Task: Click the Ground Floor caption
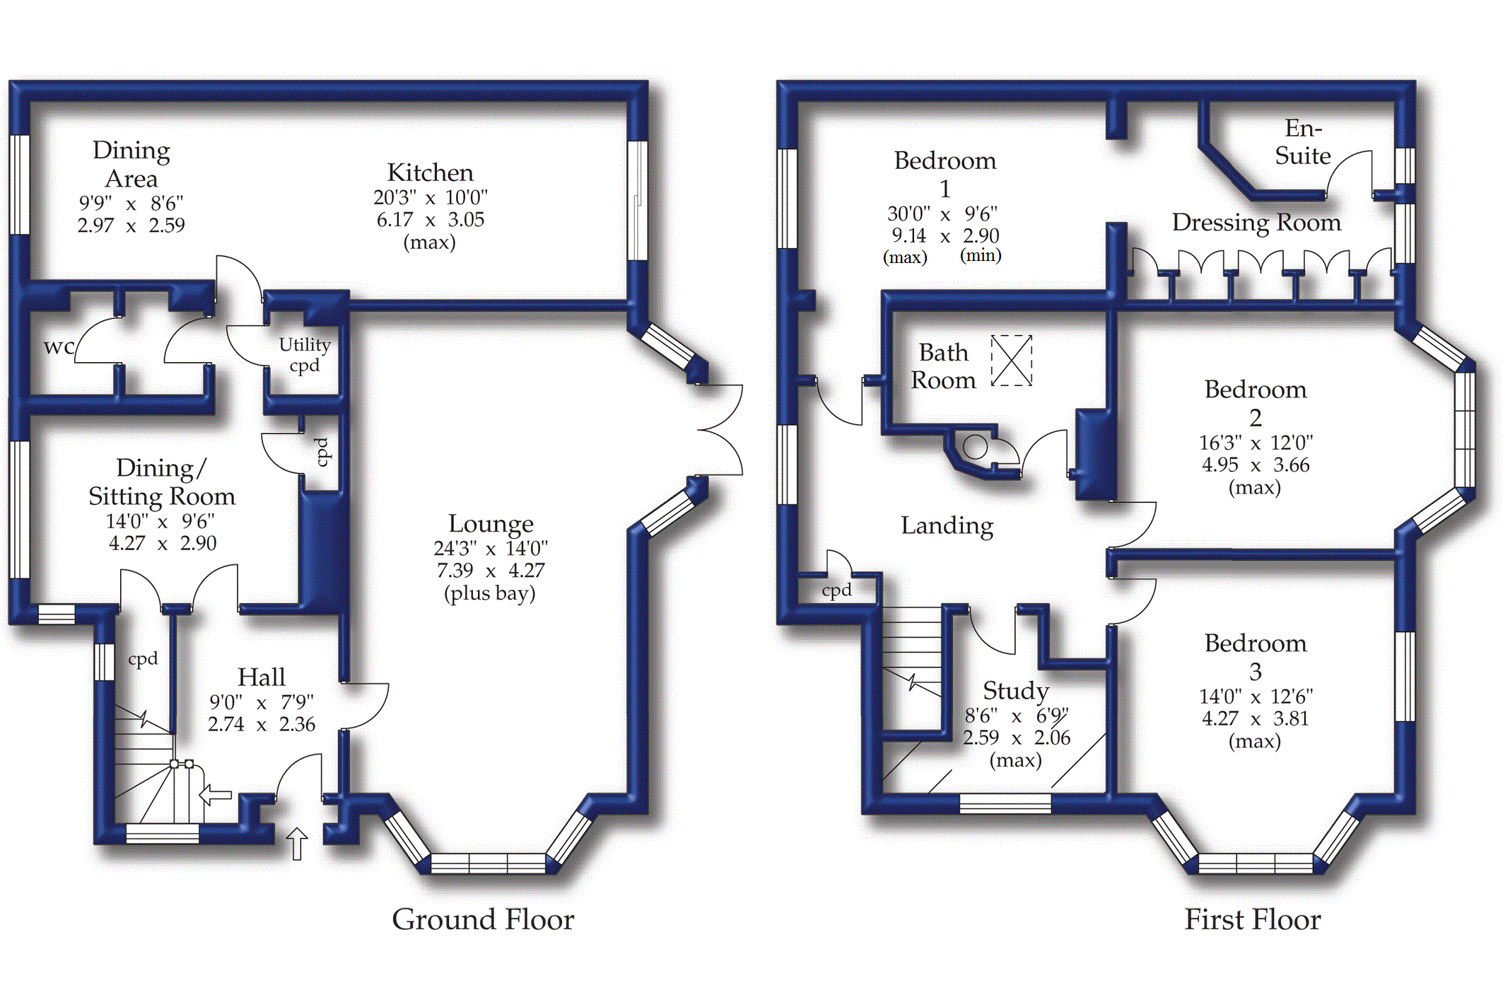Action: click(x=483, y=919)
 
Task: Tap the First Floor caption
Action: click(x=1252, y=919)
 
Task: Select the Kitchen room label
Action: click(x=430, y=173)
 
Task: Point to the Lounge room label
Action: click(x=491, y=523)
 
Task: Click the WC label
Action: click(x=59, y=347)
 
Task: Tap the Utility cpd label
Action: click(x=305, y=355)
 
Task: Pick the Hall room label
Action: click(x=261, y=677)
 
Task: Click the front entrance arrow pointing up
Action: click(x=297, y=843)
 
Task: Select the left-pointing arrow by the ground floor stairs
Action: click(x=216, y=794)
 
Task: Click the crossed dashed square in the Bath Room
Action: click(x=1011, y=361)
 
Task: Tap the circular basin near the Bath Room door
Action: click(x=976, y=447)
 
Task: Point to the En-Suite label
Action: click(x=1302, y=141)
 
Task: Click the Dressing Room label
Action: click(x=1256, y=222)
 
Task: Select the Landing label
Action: click(x=947, y=525)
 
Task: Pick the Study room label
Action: click(x=1015, y=690)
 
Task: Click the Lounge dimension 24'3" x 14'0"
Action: click(x=491, y=548)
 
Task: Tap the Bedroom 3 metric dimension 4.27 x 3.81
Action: click(x=1255, y=718)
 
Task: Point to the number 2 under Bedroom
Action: click(x=1255, y=417)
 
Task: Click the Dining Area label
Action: click(x=131, y=164)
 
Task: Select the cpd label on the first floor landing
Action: click(x=836, y=590)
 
